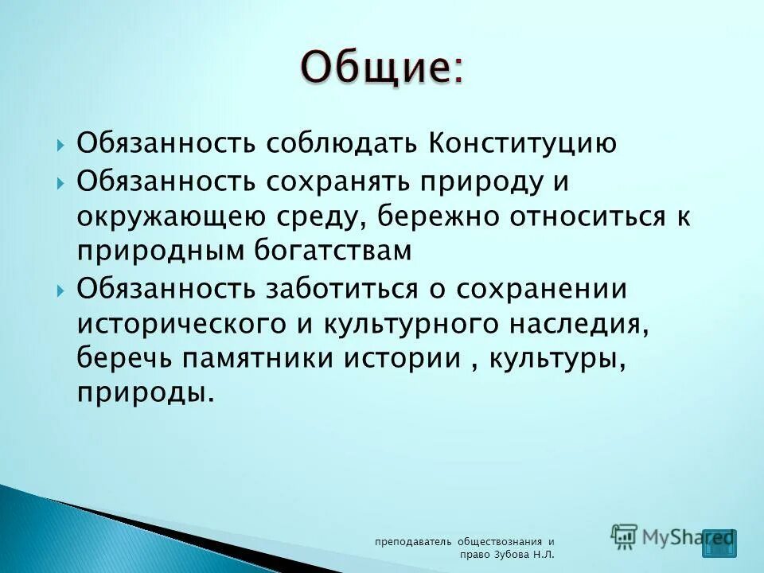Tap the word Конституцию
pyautogui.click(x=525, y=144)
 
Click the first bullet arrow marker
pyautogui.click(x=61, y=146)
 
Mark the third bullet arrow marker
pyautogui.click(x=61, y=289)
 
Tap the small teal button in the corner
pyautogui.click(x=719, y=542)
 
